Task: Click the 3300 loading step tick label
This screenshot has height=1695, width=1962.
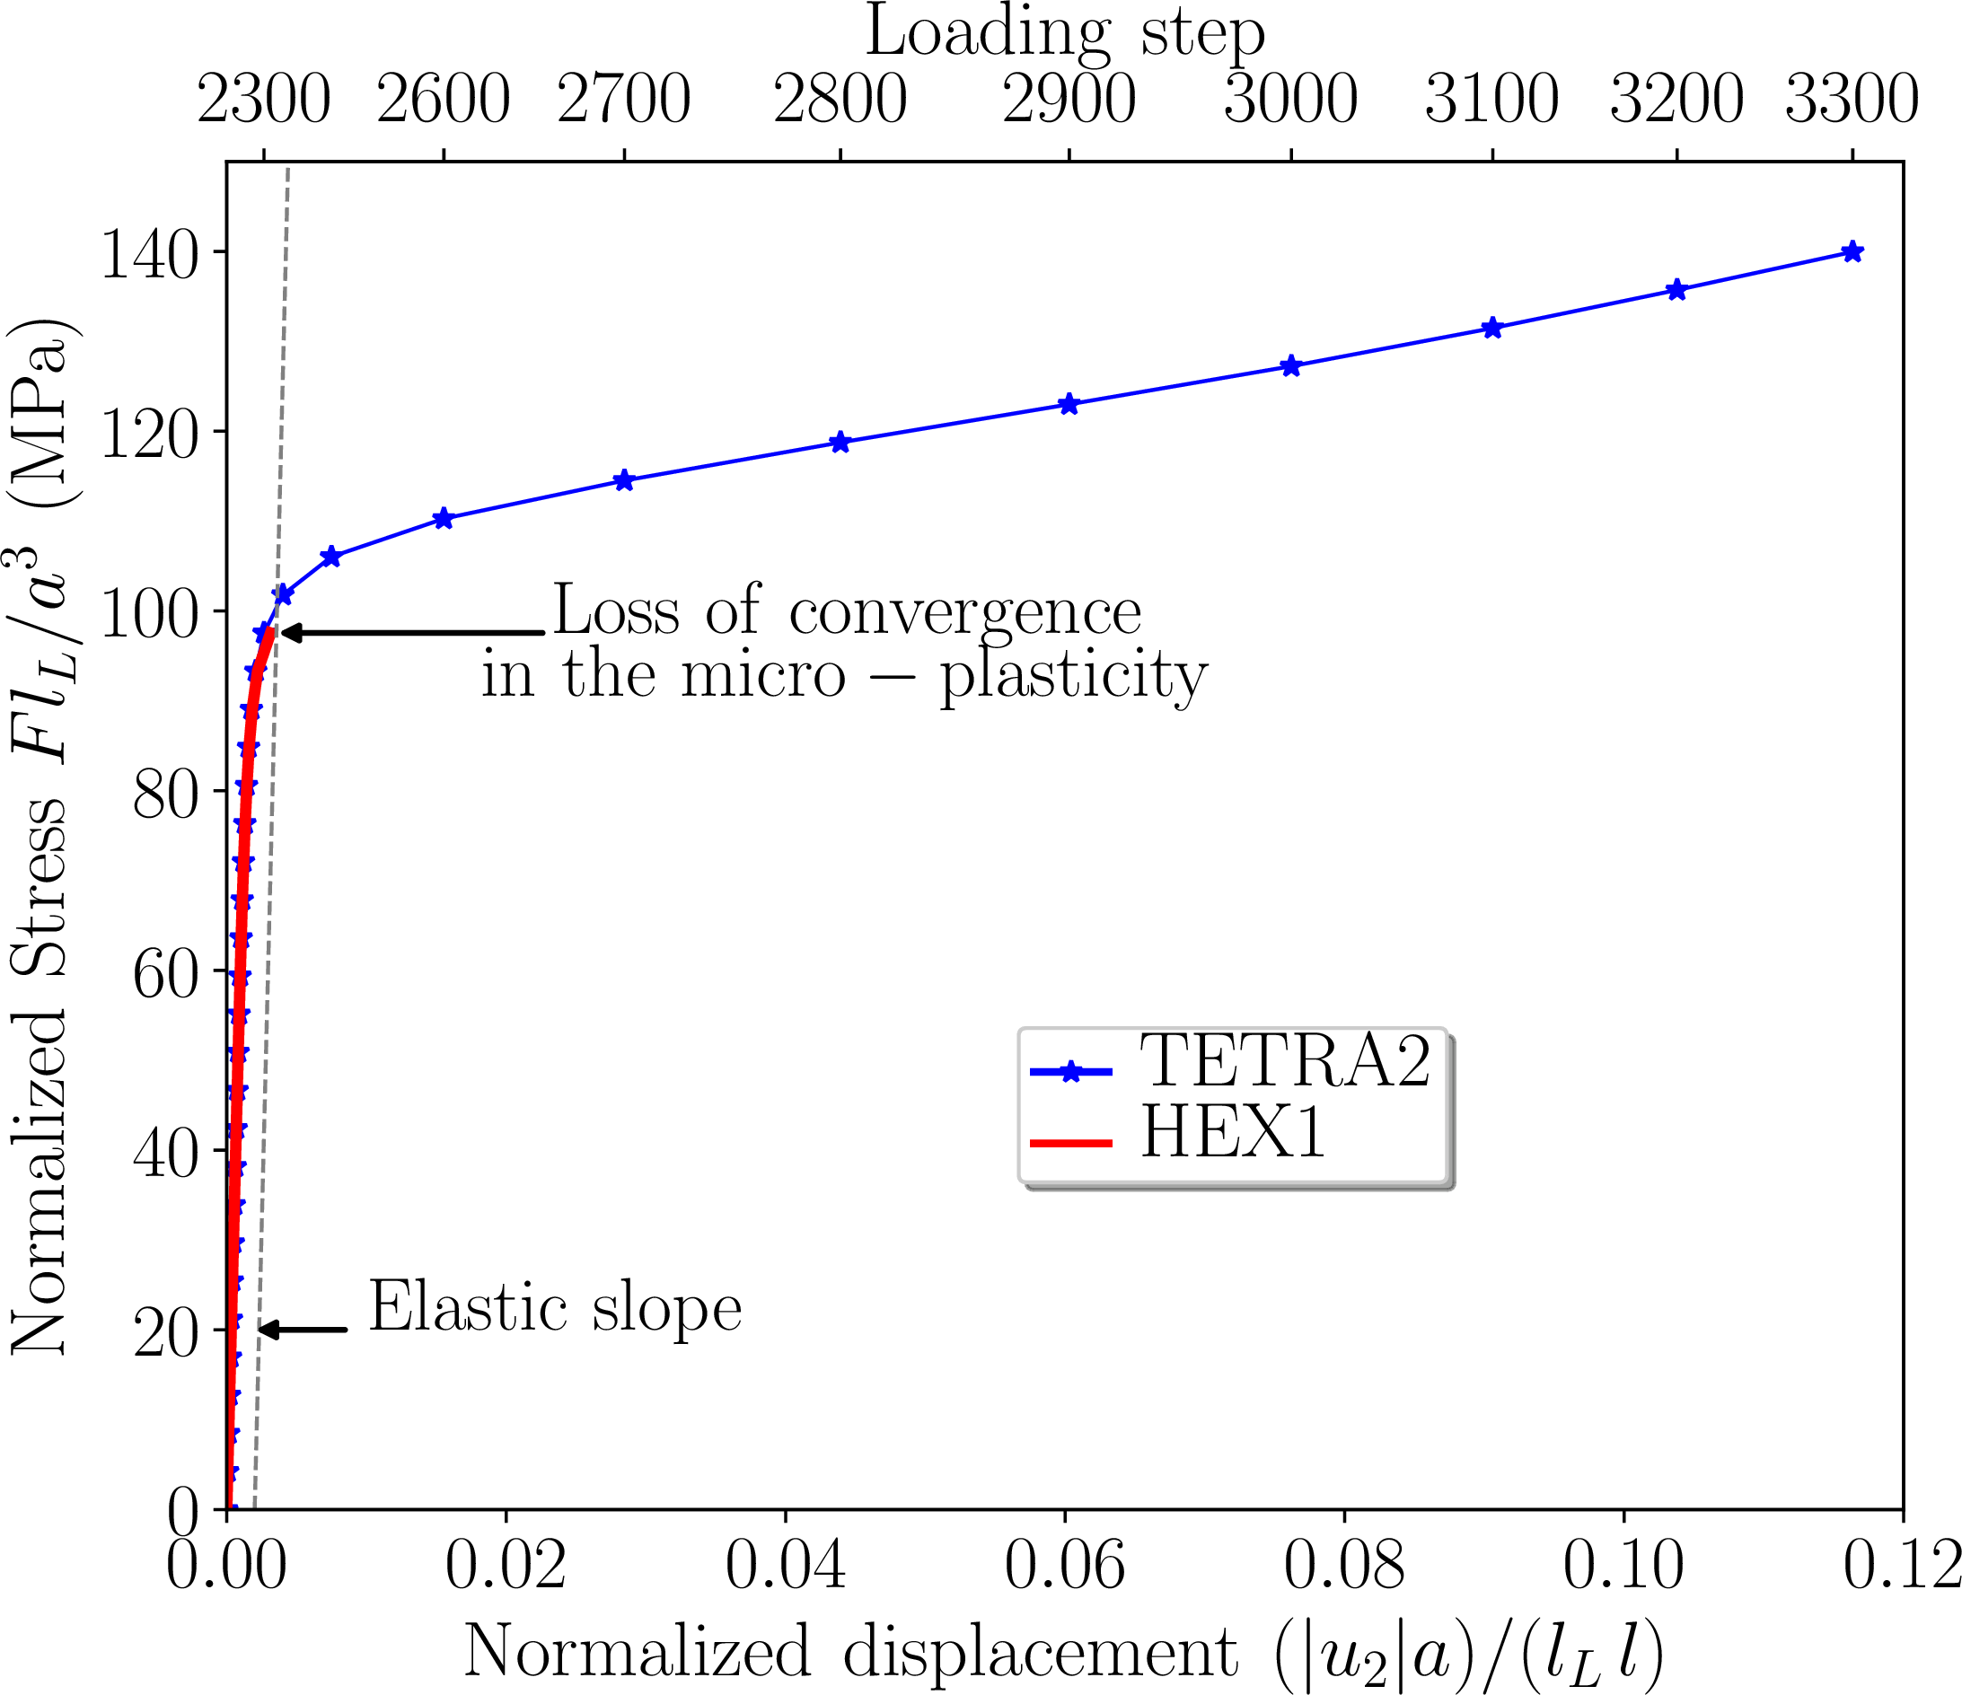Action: (1852, 100)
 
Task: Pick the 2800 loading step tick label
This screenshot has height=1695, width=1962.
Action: (840, 100)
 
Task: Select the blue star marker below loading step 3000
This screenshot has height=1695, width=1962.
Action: (1290, 366)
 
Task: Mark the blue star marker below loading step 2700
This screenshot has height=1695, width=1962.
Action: (623, 481)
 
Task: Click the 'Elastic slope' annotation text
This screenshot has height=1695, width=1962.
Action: (555, 1308)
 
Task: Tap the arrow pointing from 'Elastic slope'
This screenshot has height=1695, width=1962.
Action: (303, 1331)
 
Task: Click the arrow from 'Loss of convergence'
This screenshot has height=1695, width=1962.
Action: (414, 633)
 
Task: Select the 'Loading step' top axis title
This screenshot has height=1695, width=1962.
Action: (1065, 35)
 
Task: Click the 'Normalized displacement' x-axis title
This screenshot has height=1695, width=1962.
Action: (850, 1653)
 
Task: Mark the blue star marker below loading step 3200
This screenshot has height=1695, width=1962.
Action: (1676, 290)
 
